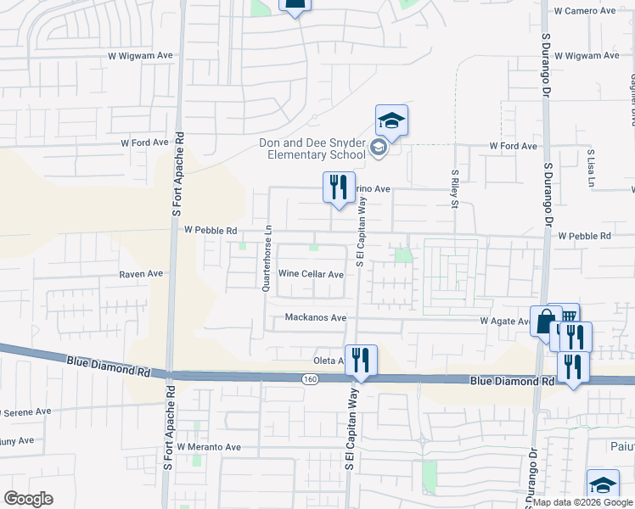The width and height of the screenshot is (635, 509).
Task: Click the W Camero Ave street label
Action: click(584, 11)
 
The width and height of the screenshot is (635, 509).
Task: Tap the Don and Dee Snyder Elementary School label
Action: click(313, 148)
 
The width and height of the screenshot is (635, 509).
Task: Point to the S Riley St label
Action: click(455, 187)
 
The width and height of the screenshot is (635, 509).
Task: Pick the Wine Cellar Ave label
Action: click(312, 274)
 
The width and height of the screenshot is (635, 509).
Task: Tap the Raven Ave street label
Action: click(141, 274)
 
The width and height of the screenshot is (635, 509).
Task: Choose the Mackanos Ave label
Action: click(316, 317)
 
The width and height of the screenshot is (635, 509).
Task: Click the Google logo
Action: click(30, 498)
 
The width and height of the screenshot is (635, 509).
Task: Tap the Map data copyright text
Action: click(582, 502)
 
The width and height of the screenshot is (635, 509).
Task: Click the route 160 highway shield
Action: click(313, 378)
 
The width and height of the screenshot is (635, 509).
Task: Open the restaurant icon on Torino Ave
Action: click(339, 187)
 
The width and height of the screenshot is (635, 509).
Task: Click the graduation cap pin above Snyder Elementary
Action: click(391, 120)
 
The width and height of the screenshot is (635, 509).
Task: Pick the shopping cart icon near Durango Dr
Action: click(567, 314)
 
